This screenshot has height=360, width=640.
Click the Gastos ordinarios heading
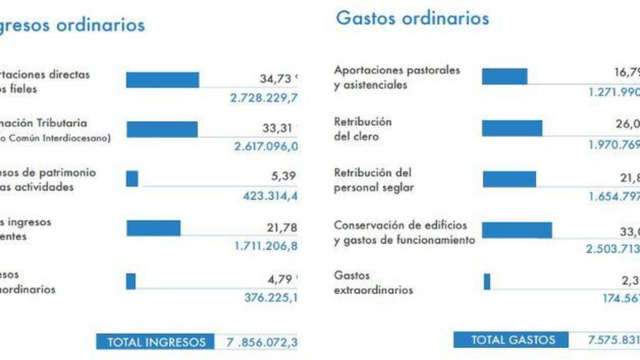pos(412,18)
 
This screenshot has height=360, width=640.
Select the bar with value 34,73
pos(162,80)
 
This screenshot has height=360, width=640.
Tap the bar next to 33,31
pos(162,129)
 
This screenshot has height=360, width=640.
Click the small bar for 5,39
pos(132,178)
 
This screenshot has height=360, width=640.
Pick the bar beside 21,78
pos(153,228)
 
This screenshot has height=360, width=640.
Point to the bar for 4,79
pos(131,281)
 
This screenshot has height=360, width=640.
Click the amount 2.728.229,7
pos(264,98)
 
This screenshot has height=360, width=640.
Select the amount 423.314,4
pos(270,196)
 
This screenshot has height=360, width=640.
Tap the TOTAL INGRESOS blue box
pos(155,342)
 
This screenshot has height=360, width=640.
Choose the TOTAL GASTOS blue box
pos(511,340)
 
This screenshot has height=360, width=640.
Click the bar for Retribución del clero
pos(512,128)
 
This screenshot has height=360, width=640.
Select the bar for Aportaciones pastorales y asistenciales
pos(504,76)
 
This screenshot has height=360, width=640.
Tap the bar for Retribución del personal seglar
pos(509,179)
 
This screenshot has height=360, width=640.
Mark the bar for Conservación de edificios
pos(517,230)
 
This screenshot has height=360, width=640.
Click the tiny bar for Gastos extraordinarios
pos(487,281)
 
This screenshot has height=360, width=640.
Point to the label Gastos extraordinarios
pos(373,282)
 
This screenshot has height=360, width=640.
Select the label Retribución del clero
pos(362,129)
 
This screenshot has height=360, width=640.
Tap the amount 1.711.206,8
pos(266,246)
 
